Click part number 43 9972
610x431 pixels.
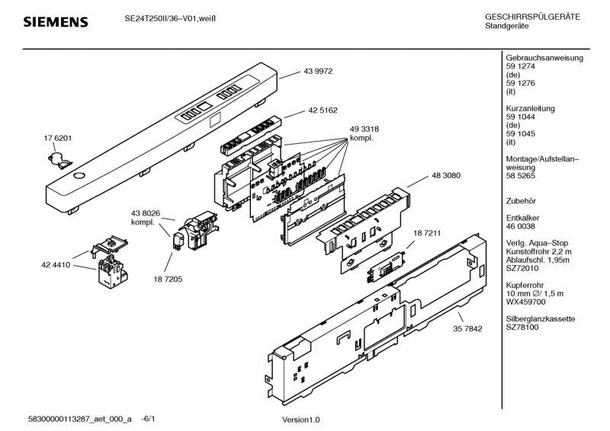[319, 71]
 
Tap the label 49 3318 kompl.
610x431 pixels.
[365, 134]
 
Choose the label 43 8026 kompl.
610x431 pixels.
[145, 217]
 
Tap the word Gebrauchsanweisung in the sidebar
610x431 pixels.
[544, 59]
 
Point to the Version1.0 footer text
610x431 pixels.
[301, 420]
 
